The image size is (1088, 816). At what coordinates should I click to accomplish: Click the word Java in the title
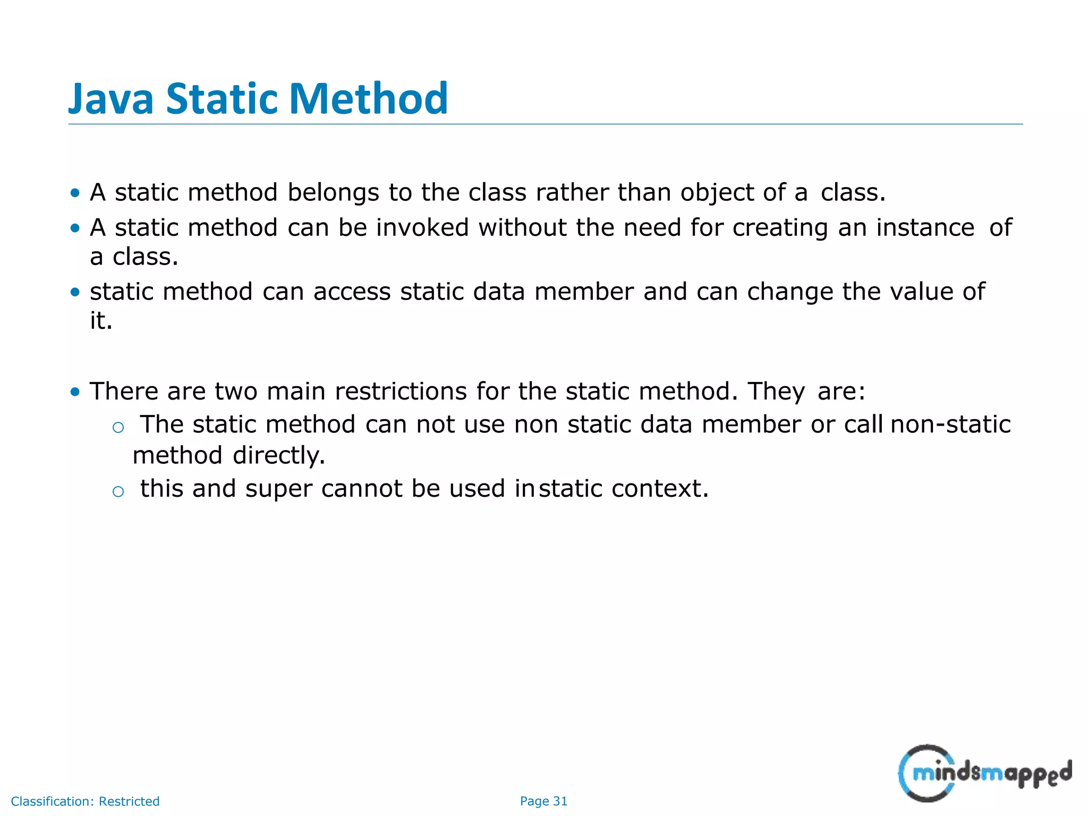pyautogui.click(x=111, y=99)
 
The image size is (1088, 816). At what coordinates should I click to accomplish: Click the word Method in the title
pyautogui.click(x=369, y=99)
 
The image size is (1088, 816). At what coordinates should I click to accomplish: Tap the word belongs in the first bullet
pyautogui.click(x=334, y=192)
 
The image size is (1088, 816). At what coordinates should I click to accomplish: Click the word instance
pyautogui.click(x=925, y=228)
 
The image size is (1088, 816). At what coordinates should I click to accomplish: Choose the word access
pyautogui.click(x=352, y=292)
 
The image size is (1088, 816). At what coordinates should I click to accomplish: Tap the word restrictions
pyautogui.click(x=401, y=392)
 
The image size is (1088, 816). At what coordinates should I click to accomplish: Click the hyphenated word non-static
pyautogui.click(x=950, y=424)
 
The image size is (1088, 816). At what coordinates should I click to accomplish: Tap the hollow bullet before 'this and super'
pyautogui.click(x=118, y=491)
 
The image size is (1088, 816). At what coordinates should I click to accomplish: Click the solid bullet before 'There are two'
pyautogui.click(x=75, y=392)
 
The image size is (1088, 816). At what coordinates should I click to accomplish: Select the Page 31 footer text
pyautogui.click(x=543, y=801)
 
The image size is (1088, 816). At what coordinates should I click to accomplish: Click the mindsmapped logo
pyautogui.click(x=984, y=773)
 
